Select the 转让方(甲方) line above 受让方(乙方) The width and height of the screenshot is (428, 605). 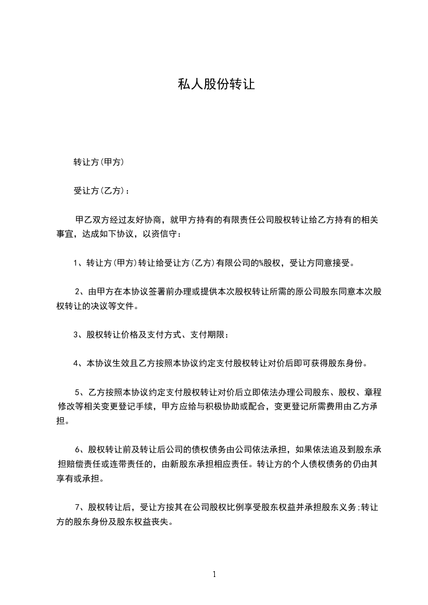pyautogui.click(x=99, y=161)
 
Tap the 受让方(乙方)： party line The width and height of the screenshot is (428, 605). pyautogui.click(x=101, y=190)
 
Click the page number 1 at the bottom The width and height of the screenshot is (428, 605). pyautogui.click(x=214, y=574)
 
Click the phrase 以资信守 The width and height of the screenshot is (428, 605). pyautogui.click(x=159, y=234)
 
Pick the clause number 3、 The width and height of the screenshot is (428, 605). pyautogui.click(x=78, y=335)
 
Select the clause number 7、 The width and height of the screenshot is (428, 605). pyautogui.click(x=79, y=507)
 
